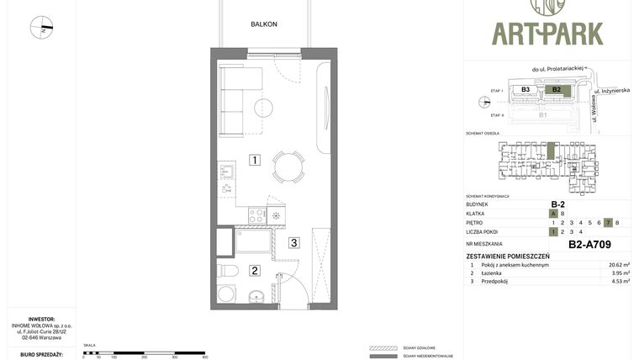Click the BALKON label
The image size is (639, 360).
(263, 24)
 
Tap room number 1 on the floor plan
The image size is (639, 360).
(254, 160)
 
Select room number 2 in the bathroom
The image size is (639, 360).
(254, 270)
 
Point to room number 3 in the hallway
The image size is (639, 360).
(293, 243)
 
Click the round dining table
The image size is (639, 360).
(289, 167)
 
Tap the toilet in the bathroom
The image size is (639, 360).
(226, 271)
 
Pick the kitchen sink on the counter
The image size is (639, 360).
(226, 173)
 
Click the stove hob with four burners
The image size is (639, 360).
(257, 216)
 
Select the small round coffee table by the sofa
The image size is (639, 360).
(263, 108)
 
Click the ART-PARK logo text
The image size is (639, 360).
(547, 33)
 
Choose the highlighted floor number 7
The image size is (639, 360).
(608, 223)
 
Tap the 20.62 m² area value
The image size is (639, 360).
(619, 265)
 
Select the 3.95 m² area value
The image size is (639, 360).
(619, 273)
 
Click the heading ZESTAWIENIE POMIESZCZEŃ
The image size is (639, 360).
(507, 256)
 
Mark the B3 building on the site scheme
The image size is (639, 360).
(525, 89)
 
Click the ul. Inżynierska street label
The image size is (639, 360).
(611, 90)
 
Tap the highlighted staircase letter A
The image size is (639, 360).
(553, 214)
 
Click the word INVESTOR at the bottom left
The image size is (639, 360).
(41, 319)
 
